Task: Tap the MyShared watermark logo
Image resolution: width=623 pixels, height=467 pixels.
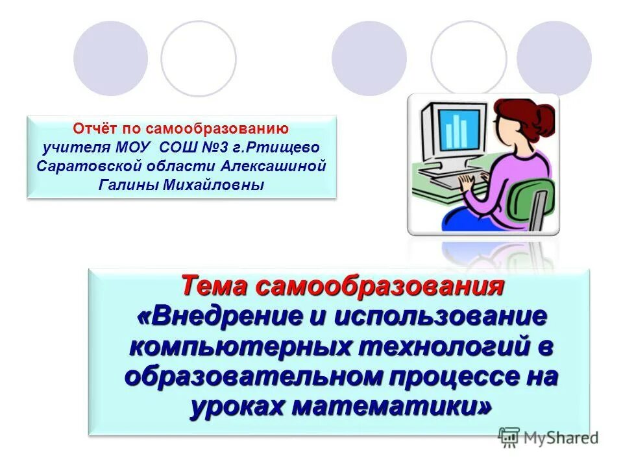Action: click(548, 437)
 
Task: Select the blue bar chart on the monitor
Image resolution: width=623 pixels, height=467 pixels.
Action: click(460, 130)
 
